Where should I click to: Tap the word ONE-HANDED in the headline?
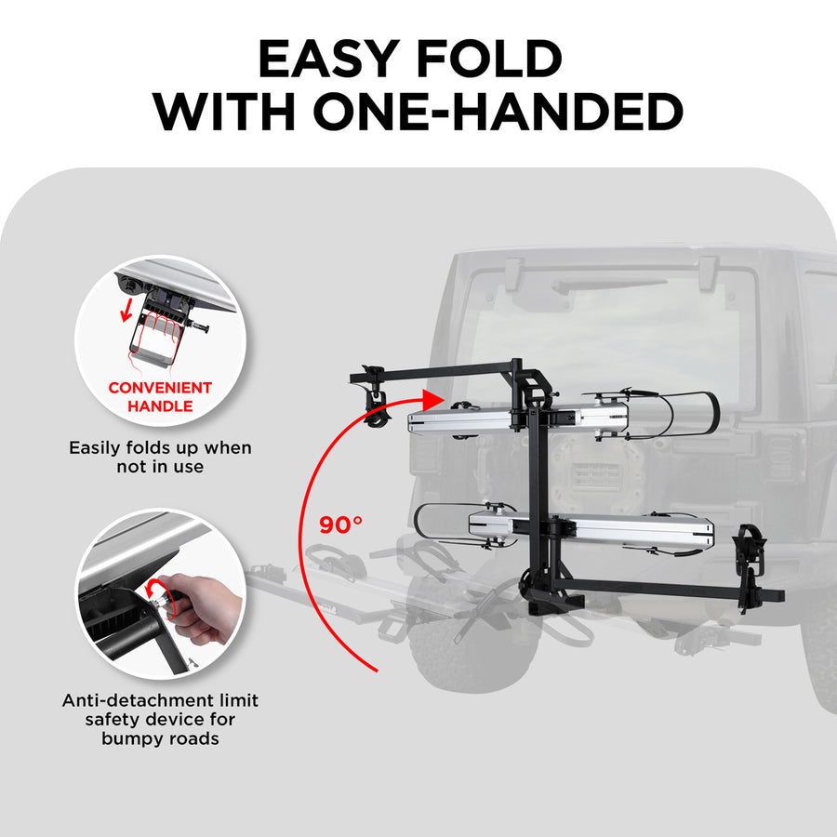coord(498,113)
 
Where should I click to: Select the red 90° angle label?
coord(340,525)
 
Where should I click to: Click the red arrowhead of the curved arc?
coord(431,401)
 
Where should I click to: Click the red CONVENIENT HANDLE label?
coord(159,396)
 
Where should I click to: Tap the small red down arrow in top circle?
coord(124,311)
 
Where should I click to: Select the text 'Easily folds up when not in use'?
coord(160,457)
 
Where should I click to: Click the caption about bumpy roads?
coord(160,719)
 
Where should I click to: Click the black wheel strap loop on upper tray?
coord(684,414)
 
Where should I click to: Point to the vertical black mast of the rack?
coord(538,502)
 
